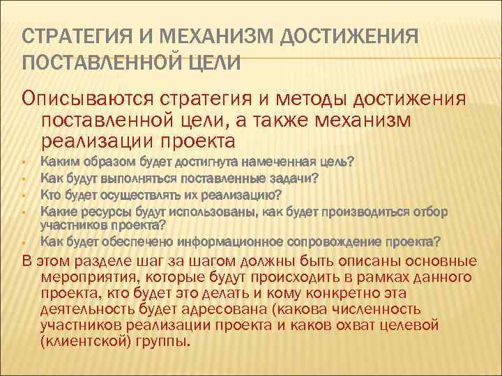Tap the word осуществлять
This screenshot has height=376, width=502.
140,194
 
